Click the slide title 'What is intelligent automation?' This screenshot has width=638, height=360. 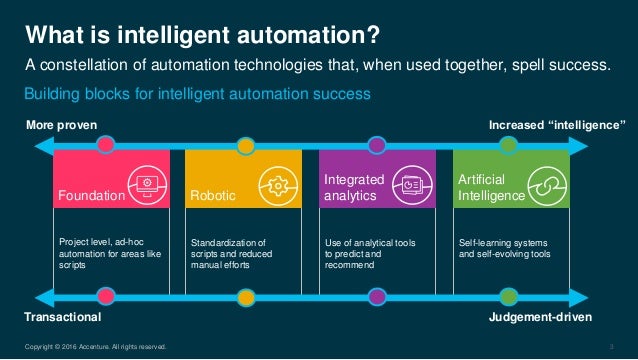[202, 37]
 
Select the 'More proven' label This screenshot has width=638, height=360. [65, 126]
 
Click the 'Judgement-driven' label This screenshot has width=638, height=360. [541, 316]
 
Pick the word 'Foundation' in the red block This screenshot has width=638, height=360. [91, 196]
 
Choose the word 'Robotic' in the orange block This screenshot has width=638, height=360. [213, 196]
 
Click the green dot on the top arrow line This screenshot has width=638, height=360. [508, 146]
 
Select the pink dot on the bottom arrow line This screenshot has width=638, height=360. [106, 296]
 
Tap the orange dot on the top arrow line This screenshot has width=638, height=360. [243, 146]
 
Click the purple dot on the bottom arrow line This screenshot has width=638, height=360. [377, 296]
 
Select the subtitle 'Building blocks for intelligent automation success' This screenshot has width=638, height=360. [197, 93]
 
